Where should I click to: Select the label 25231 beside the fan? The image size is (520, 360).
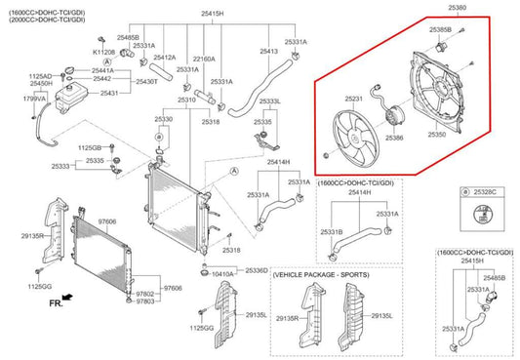pos(354,99)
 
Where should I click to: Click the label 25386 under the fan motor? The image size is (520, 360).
pos(394,139)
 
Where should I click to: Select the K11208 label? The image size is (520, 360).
pos(104,51)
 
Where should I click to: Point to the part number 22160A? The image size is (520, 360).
pos(204,58)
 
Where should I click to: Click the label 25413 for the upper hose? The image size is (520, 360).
pos(269,51)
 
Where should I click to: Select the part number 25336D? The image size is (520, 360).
pos(258,269)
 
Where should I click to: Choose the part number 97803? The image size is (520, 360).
pos(144,302)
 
